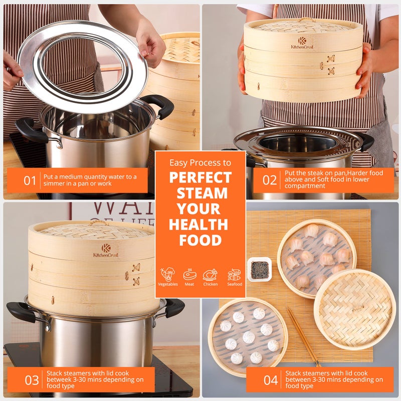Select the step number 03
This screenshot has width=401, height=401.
click(32, 380)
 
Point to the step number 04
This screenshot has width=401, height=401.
click(271, 380)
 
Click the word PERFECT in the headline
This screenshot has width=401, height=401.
click(200, 177)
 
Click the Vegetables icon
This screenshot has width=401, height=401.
click(167, 275)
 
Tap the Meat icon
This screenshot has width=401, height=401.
click(189, 275)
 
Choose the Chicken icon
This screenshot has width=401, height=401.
click(211, 275)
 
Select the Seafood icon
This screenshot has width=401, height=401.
click(234, 275)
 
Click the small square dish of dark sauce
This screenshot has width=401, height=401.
click(259, 269)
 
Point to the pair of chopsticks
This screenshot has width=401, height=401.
click(303, 336)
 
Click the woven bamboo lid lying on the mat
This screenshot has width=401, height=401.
click(354, 308)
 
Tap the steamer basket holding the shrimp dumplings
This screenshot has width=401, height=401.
click(317, 258)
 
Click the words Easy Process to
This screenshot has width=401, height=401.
click(200, 163)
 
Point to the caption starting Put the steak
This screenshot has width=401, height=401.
click(333, 179)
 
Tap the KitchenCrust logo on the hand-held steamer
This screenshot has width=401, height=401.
click(302, 43)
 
